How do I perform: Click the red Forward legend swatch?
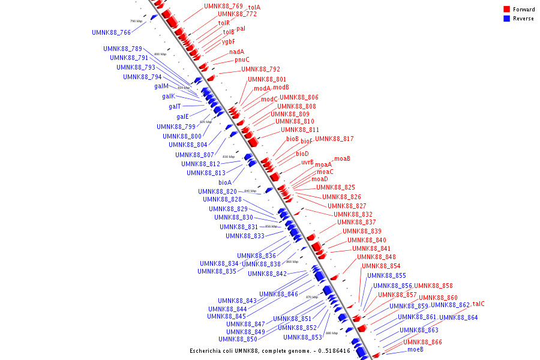506,9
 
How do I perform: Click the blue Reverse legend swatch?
506,19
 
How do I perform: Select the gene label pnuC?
242,59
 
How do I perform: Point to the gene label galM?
161,86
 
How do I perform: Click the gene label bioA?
225,182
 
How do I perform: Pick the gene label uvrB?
307,162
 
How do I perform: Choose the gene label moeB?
415,349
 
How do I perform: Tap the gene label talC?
478,304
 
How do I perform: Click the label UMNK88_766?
111,32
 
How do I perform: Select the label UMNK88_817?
334,139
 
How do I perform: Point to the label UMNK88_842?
267,274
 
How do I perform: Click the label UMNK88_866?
422,342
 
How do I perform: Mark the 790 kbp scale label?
136,21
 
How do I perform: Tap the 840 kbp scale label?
250,191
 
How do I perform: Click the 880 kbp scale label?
332,333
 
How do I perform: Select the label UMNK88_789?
122,49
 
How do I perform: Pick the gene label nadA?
236,52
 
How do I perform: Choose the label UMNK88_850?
245,339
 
